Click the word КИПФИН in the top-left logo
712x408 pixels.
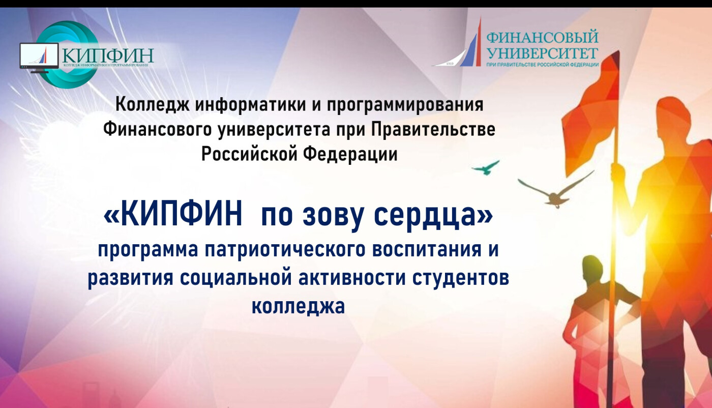(x=108, y=55)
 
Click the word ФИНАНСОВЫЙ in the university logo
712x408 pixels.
(x=542, y=38)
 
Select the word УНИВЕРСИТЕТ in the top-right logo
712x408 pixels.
(x=543, y=53)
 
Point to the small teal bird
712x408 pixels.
(x=485, y=167)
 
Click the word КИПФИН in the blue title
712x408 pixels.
(x=181, y=216)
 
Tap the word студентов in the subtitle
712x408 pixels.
(x=461, y=278)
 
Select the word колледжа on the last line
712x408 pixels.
(x=298, y=307)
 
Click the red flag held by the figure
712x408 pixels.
(x=591, y=114)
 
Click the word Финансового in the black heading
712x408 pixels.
(x=158, y=130)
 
